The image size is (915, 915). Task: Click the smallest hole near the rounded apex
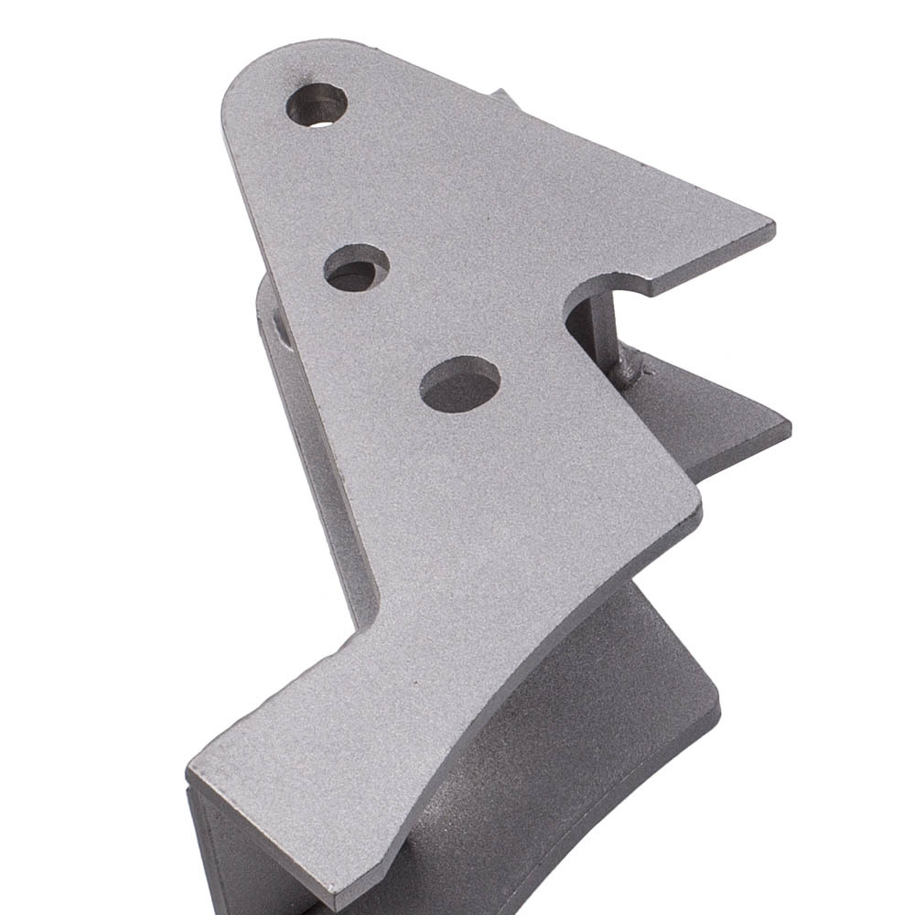click(317, 104)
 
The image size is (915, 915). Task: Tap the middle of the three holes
click(356, 268)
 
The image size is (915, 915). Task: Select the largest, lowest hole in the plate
click(459, 383)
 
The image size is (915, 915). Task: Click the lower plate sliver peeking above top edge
click(503, 97)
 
